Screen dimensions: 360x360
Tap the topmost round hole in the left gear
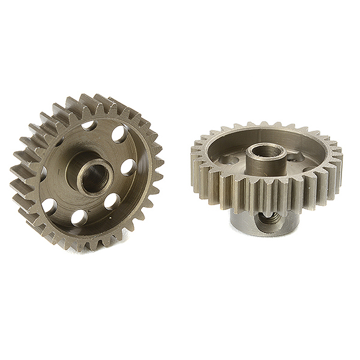(x=89, y=126)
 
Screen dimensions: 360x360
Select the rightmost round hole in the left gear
(x=127, y=168)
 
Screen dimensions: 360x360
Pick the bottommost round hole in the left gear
(x=79, y=218)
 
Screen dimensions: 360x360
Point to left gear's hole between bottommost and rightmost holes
(x=112, y=202)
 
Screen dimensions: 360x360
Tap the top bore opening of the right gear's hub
(x=263, y=148)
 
